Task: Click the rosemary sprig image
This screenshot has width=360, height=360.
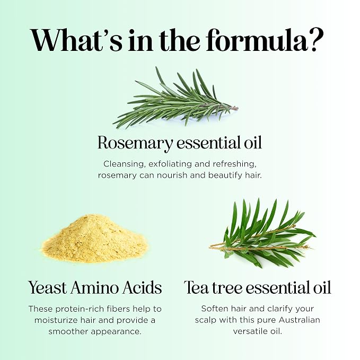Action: pyautogui.click(x=175, y=98)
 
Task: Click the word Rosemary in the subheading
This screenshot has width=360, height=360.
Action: pyautogui.click(x=135, y=143)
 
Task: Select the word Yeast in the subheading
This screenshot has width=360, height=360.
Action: pyautogui.click(x=48, y=288)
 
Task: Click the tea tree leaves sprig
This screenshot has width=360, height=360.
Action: pyautogui.click(x=262, y=233)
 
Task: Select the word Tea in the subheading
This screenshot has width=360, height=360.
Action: pyautogui.click(x=197, y=288)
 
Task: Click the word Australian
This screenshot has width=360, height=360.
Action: pyautogui.click(x=300, y=320)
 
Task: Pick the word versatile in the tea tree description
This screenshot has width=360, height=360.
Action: pyautogui.click(x=249, y=331)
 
